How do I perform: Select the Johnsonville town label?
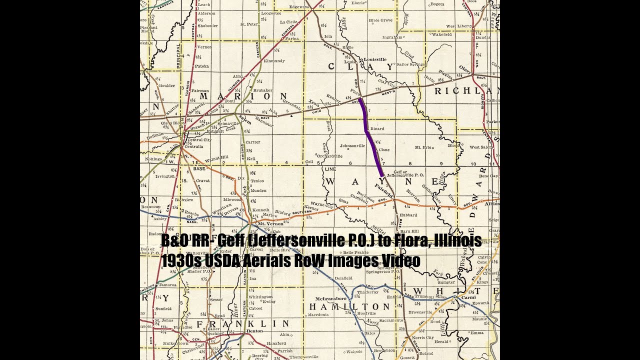353,146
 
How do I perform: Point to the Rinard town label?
377,129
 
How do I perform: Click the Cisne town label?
384,149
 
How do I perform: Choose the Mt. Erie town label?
423,148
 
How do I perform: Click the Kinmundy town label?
273,61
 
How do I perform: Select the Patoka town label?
202,65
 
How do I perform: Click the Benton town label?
255,331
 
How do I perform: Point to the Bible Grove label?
380,20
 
